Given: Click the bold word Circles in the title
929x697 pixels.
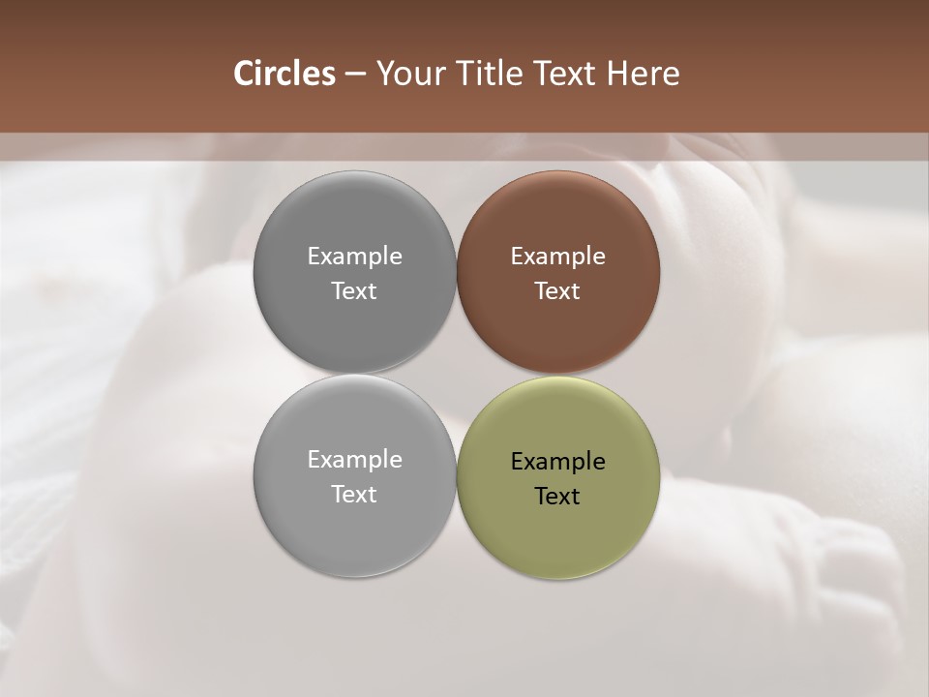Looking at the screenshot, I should tap(284, 74).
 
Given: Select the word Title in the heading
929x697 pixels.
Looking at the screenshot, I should tap(493, 74).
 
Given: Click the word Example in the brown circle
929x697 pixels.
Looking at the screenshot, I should tap(558, 257).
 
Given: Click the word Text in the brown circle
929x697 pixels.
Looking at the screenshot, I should tap(558, 291).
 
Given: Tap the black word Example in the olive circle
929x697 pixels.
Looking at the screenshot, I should tap(558, 462).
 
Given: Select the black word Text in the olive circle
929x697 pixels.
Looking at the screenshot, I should tap(558, 497).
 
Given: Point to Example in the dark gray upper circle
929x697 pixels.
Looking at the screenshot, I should tap(354, 257).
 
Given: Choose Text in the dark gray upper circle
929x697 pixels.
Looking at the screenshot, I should tap(354, 291).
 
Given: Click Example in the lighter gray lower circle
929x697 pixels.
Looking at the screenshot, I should tap(354, 460).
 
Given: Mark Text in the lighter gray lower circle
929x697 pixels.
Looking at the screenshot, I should tap(354, 495).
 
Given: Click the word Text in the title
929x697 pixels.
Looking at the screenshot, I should tap(567, 74).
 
